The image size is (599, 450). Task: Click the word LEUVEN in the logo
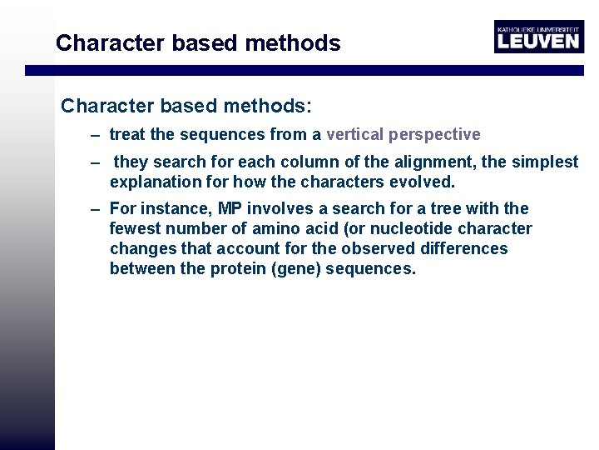point(537,41)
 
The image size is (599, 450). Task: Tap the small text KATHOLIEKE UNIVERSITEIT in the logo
point(537,28)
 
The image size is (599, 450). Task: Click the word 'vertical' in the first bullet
point(356,134)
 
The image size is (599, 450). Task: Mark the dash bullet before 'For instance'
point(97,208)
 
